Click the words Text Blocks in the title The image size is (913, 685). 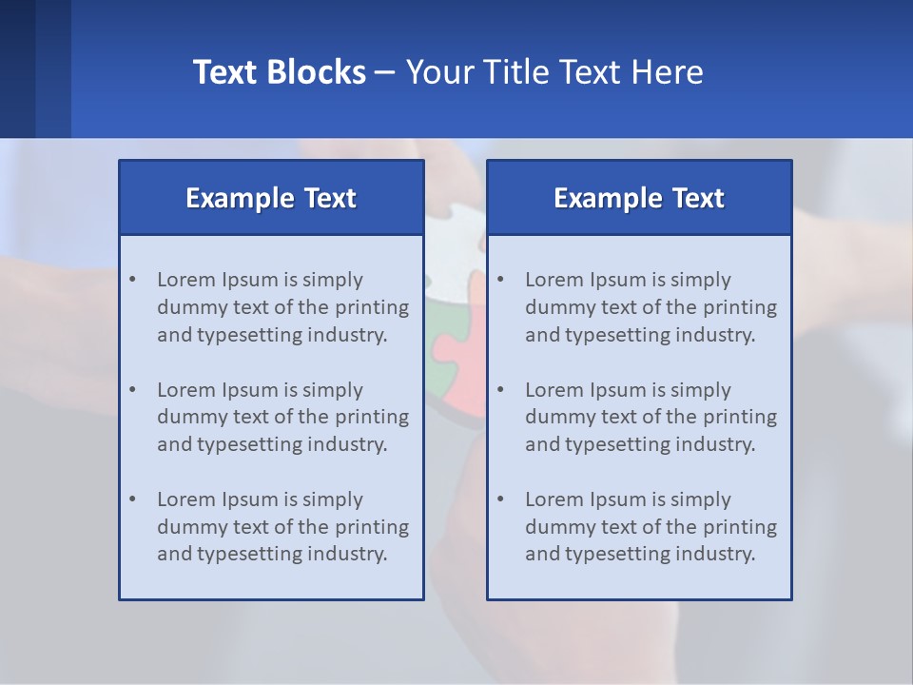(279, 72)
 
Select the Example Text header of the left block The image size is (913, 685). (271, 198)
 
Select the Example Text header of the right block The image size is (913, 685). (639, 198)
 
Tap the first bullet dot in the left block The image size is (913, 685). (132, 280)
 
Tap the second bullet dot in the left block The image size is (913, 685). (132, 390)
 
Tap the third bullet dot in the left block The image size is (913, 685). (132, 499)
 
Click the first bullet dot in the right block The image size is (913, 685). (500, 280)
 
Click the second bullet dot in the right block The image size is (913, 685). (500, 390)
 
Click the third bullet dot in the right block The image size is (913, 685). (500, 499)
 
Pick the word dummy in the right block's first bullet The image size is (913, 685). (557, 307)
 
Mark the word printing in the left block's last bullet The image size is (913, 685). (373, 527)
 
